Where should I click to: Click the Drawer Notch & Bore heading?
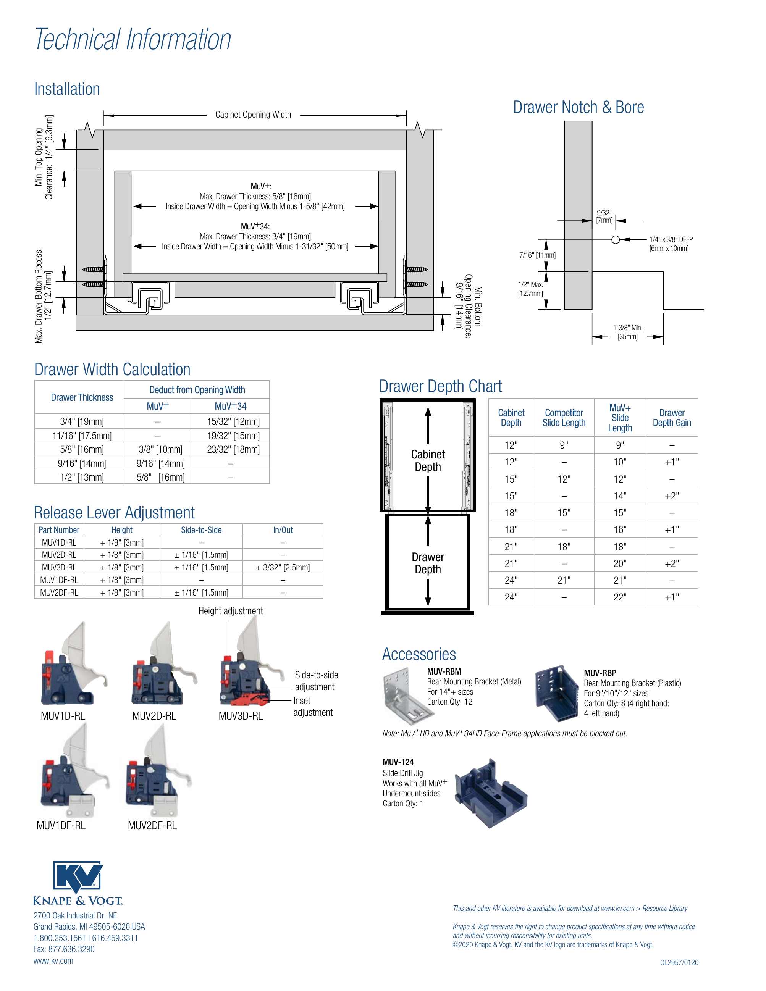point(578,107)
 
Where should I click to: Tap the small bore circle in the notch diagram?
point(615,240)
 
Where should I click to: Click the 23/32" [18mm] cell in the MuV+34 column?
point(233,449)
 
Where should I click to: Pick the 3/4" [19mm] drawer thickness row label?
point(82,421)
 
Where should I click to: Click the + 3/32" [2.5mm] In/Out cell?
point(283,567)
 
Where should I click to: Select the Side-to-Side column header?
point(201,530)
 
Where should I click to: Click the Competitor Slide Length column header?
point(564,418)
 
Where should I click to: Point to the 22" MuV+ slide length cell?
point(620,597)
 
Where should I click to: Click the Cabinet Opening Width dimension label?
point(253,115)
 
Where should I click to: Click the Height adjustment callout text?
point(231,611)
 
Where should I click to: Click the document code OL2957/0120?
point(679,962)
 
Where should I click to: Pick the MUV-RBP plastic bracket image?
point(556,693)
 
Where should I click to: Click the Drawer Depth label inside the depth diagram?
point(427,563)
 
